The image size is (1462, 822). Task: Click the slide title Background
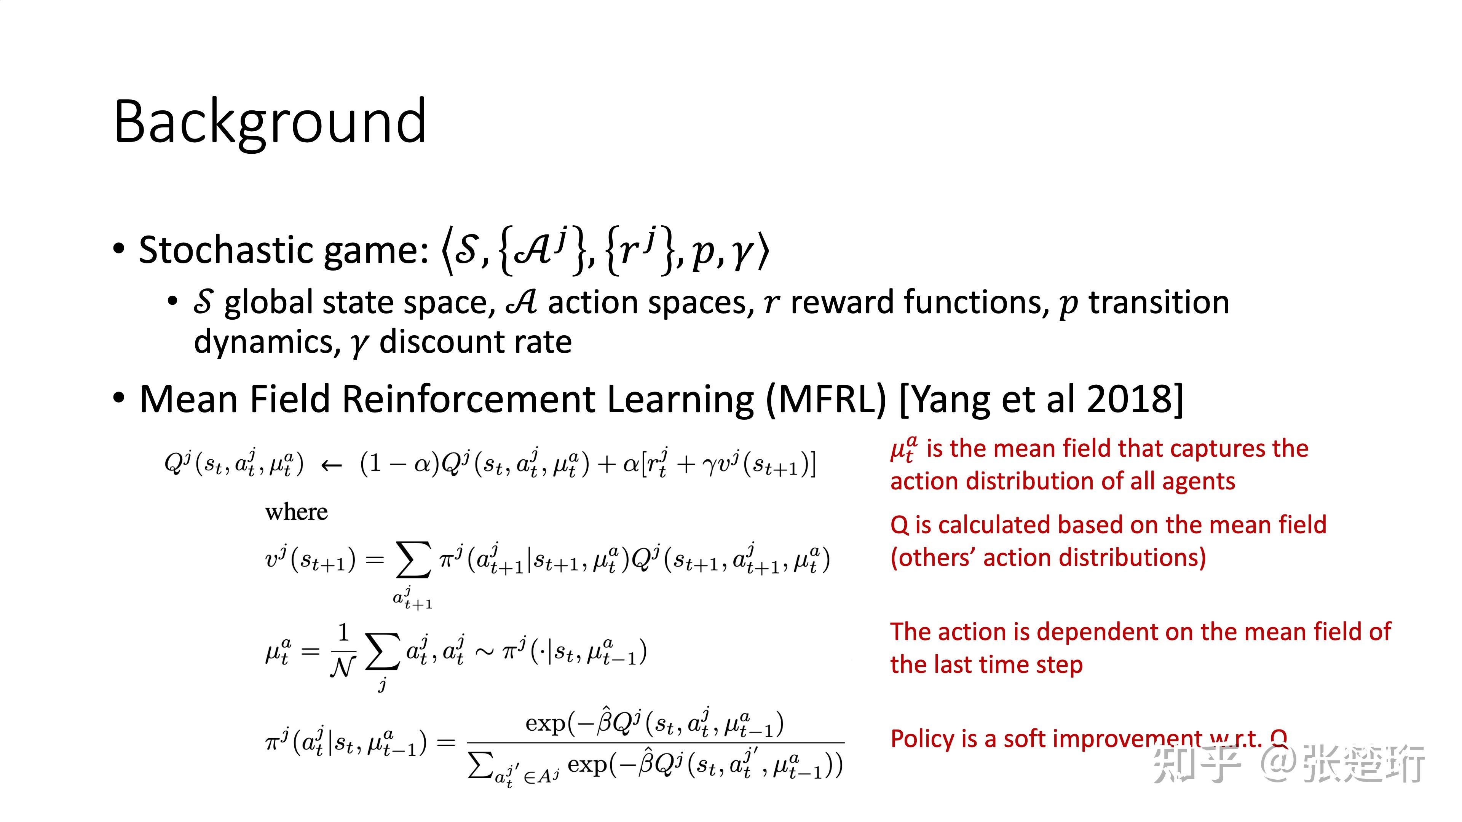(270, 122)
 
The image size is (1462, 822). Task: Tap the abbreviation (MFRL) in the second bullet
(826, 399)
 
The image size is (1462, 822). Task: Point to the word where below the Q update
(296, 512)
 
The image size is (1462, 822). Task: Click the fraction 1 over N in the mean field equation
(343, 651)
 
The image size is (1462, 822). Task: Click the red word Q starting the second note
(900, 525)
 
